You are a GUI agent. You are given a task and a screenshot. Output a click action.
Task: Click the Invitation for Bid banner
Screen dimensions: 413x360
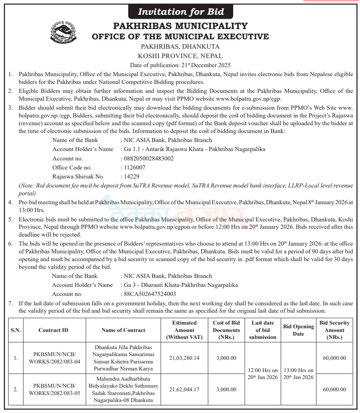coord(181,12)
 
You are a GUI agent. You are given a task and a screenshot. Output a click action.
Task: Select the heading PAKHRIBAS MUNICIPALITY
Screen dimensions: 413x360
coord(180,26)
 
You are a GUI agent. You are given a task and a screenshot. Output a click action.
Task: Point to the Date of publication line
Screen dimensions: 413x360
coord(180,65)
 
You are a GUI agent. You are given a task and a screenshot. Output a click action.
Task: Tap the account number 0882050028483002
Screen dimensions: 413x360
coord(147,158)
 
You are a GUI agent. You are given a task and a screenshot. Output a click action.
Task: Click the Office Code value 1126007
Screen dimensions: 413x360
coord(133,167)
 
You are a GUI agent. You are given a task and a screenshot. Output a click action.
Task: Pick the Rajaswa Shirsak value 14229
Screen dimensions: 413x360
coord(131,176)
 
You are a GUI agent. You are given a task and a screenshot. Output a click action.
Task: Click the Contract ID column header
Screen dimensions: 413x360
coord(54,330)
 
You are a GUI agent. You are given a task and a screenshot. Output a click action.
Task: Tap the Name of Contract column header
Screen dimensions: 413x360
coord(123,330)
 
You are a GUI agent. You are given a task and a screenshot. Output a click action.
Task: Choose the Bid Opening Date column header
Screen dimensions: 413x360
coord(298,330)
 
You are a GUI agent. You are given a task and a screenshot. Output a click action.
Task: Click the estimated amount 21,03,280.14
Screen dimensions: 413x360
coord(184,358)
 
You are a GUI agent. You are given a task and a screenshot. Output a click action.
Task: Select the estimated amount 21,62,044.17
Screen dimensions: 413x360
coord(184,390)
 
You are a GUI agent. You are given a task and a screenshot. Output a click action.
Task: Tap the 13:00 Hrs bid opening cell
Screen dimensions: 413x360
coord(298,374)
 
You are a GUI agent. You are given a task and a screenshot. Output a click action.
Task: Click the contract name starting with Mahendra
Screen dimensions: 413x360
coord(123,390)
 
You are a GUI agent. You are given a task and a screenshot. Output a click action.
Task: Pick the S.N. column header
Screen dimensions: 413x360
coord(16,330)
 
